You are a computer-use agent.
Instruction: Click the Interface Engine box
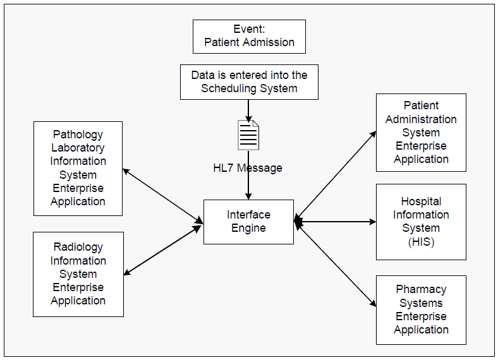248,222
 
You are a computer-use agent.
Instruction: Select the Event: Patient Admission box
249,36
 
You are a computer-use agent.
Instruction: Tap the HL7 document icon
248,135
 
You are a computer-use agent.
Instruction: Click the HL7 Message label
248,168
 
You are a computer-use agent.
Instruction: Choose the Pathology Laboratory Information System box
78,168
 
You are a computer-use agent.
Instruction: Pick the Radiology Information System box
78,273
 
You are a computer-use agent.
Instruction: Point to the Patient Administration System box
421,132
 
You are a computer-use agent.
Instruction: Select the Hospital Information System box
421,222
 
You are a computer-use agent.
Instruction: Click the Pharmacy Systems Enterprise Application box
421,309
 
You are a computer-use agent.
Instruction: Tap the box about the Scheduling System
249,81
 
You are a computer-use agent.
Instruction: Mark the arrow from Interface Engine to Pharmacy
336,263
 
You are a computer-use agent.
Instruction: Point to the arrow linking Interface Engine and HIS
335,222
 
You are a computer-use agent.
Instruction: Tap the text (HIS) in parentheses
421,242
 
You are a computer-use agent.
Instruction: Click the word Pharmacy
421,289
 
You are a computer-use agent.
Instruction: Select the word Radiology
78,247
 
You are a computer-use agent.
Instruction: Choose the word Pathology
78,135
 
